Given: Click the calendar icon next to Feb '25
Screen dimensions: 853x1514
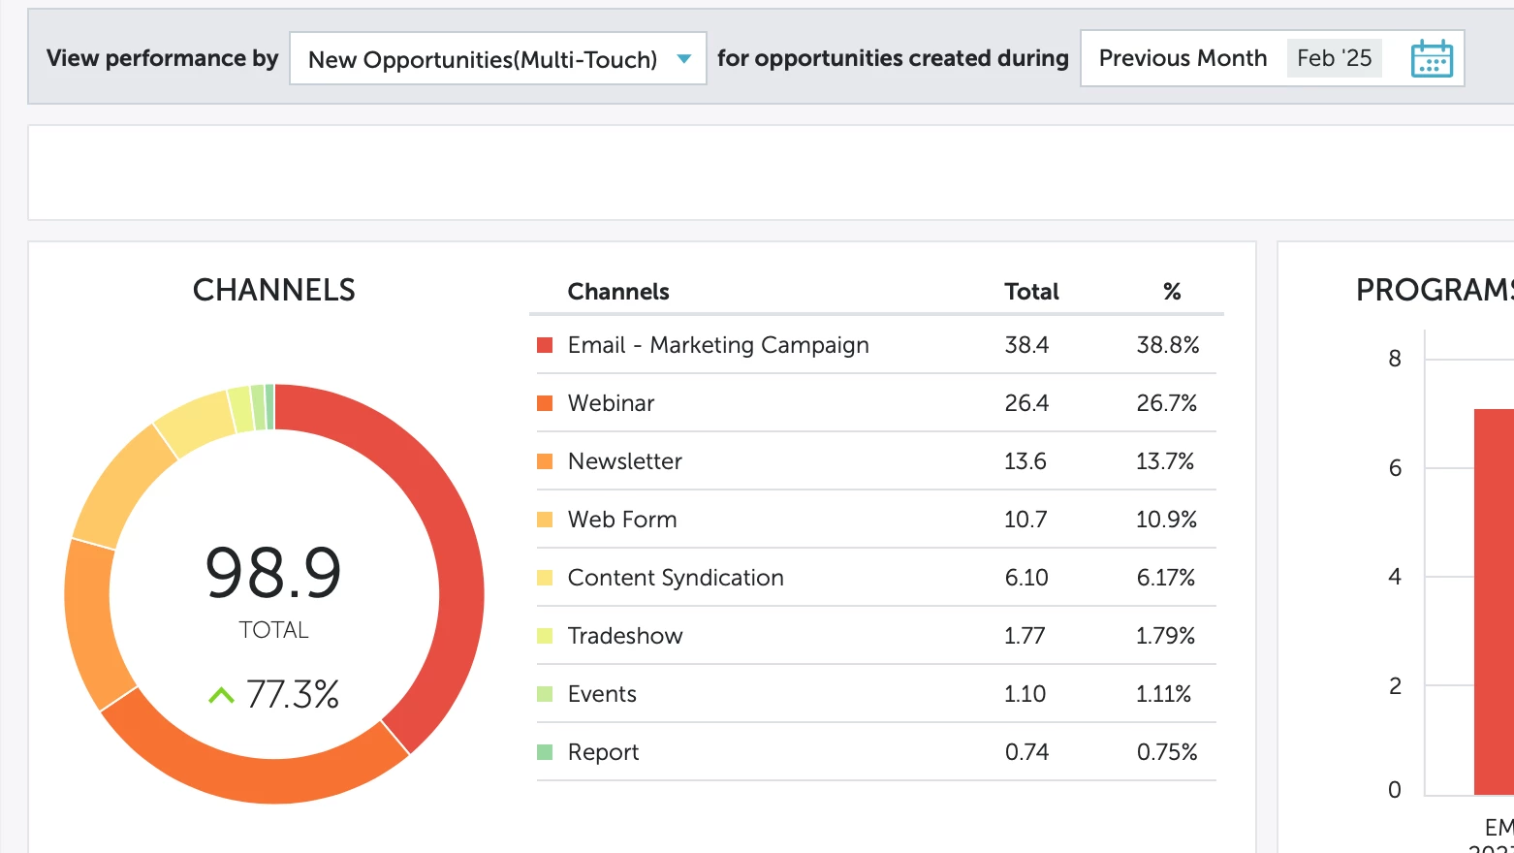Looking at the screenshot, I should click(1432, 59).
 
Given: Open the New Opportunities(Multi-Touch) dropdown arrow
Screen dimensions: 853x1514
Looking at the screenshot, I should click(684, 59).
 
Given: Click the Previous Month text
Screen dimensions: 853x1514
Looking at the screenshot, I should click(1183, 58).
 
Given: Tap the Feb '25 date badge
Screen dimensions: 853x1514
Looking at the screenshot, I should click(1334, 58).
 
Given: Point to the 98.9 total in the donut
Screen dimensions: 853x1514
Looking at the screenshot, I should click(273, 572).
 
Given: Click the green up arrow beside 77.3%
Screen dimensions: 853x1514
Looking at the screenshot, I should click(221, 695).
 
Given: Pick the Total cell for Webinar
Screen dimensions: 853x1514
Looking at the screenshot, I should click(1026, 403).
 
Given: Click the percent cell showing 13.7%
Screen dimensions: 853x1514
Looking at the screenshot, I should click(1165, 461).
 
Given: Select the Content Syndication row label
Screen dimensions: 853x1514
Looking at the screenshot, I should click(676, 578).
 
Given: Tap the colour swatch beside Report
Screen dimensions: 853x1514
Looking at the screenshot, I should click(545, 752).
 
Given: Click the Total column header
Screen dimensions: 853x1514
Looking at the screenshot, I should click(1031, 292).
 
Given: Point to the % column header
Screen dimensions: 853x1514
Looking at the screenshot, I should click(1172, 292).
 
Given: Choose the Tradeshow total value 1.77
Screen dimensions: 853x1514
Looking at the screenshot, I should click(1025, 636).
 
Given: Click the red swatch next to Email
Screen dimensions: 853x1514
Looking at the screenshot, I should click(545, 345).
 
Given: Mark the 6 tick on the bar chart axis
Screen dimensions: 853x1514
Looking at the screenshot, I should click(1395, 468).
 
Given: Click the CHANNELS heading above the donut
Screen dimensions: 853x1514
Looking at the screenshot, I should click(274, 290).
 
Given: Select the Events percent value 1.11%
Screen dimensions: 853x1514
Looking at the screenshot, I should click(1163, 694).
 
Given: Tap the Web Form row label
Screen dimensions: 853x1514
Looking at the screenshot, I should click(622, 520).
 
